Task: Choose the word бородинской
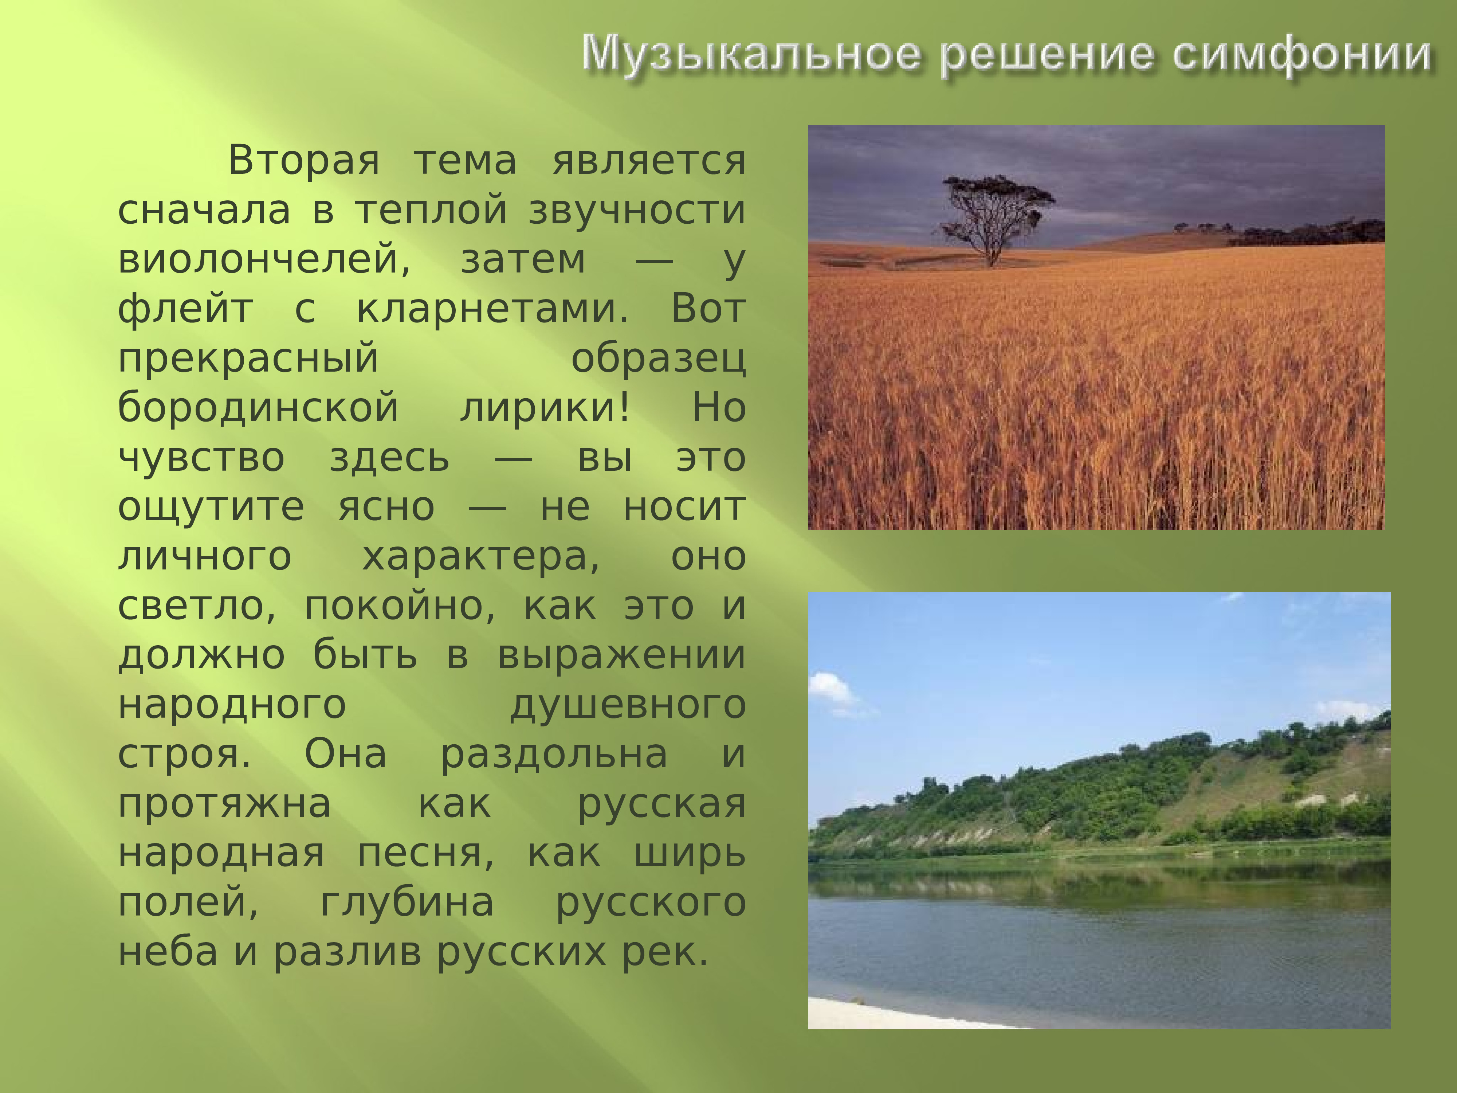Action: (x=258, y=408)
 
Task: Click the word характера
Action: (x=481, y=557)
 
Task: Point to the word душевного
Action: (x=628, y=705)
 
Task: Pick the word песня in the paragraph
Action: (x=425, y=854)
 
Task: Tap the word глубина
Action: (x=407, y=903)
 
